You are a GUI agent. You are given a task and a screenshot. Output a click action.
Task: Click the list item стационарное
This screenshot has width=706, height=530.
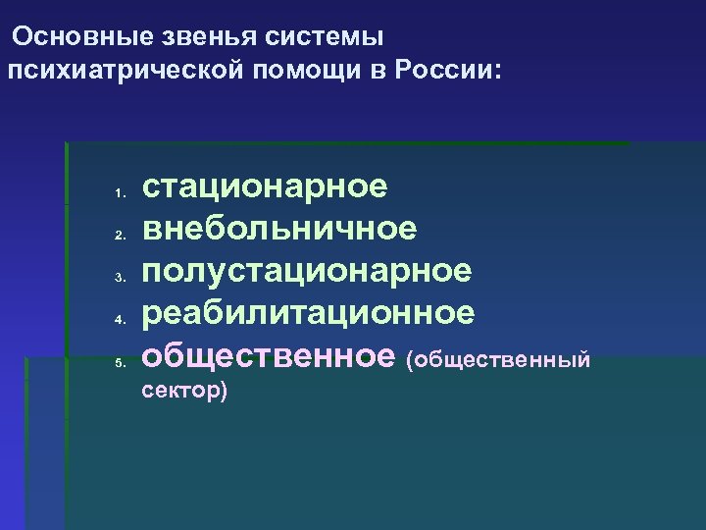[265, 185]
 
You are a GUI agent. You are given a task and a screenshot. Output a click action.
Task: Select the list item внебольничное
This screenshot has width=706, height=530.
[279, 228]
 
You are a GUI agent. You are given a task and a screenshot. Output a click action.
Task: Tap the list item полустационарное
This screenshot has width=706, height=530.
[307, 270]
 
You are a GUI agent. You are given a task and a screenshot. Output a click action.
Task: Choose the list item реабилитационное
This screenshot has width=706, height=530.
[309, 312]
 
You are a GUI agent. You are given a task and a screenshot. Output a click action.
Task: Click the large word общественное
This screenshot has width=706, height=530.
[269, 355]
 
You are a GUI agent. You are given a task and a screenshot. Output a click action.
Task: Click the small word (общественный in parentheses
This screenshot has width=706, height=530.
[499, 360]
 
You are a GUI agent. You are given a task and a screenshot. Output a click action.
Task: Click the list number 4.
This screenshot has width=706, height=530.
[116, 320]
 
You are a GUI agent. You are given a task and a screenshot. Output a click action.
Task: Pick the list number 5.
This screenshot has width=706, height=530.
[116, 363]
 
